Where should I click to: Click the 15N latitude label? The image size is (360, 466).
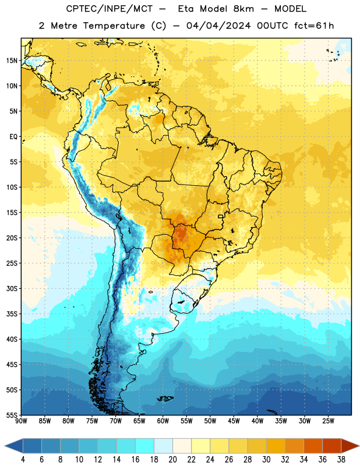(12, 61)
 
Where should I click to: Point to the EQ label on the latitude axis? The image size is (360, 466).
(13, 137)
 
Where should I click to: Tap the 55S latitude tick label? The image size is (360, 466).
(12, 415)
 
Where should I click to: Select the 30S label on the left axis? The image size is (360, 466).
(12, 288)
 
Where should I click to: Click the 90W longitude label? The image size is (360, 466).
(21, 421)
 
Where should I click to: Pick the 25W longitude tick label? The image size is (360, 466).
(328, 421)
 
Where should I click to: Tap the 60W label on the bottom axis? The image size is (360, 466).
(163, 421)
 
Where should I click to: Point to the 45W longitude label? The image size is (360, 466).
(234, 421)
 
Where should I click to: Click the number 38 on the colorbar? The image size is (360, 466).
(341, 460)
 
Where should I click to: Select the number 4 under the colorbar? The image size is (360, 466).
(23, 460)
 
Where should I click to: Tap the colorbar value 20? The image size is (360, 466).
(172, 460)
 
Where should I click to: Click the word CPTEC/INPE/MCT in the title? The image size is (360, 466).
(109, 9)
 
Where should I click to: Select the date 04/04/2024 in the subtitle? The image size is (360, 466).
(218, 26)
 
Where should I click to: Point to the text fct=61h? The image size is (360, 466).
(314, 26)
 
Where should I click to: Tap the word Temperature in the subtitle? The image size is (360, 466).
(114, 26)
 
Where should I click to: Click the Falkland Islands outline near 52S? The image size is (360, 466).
(165, 398)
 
